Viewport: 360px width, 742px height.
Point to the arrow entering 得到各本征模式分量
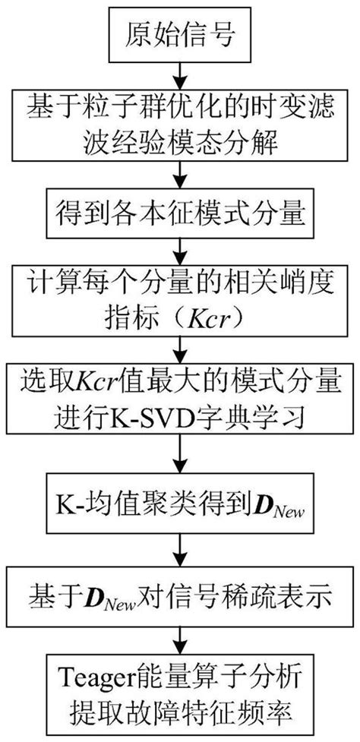click(179, 182)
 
